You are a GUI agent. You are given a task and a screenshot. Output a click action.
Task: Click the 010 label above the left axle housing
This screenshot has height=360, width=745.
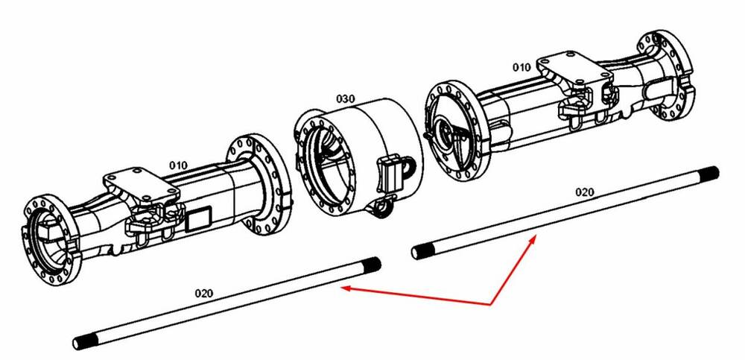coord(179,165)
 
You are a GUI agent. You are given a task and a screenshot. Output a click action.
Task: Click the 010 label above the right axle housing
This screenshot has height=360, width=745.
coord(521,68)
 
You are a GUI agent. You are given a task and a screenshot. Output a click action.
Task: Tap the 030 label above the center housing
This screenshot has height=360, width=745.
coord(346,99)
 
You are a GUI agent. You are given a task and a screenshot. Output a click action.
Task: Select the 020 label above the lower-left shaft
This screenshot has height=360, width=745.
coord(204,293)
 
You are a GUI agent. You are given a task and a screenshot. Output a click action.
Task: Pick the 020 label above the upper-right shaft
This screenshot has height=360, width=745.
coord(584,192)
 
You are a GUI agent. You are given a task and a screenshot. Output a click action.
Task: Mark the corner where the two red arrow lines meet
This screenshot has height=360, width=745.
coord(491,304)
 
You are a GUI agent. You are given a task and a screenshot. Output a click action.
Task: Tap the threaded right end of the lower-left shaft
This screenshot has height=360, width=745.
coord(372,263)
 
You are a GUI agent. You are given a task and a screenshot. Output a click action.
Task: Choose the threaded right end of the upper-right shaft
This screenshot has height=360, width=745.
coord(711,173)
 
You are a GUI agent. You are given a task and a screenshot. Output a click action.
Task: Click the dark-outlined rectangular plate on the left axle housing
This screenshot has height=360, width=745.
coord(197,220)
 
